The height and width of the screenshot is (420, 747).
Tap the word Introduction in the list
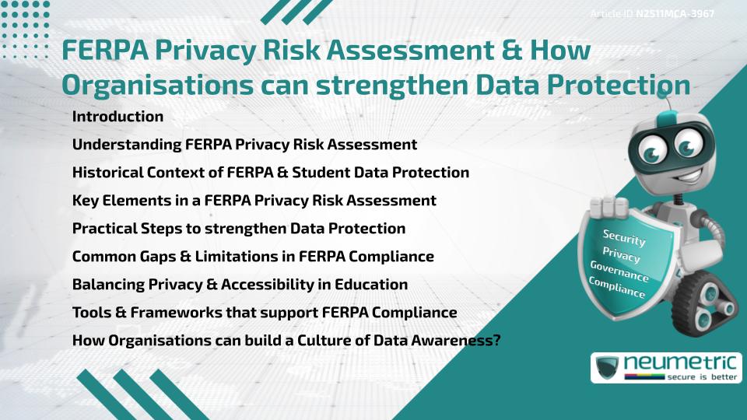[x=117, y=117]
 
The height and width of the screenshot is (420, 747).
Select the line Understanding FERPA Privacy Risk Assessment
[x=244, y=145]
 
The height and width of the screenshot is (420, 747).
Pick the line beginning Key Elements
[x=254, y=201]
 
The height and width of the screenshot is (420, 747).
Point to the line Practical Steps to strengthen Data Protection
[x=238, y=229]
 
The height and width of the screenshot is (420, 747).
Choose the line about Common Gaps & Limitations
[x=253, y=256]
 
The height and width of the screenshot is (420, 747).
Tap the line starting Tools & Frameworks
[x=264, y=312]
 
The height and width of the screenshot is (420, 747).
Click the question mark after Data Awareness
[x=495, y=340]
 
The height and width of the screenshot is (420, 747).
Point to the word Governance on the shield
[x=619, y=272]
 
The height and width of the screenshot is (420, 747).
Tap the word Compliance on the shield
[x=617, y=288]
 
